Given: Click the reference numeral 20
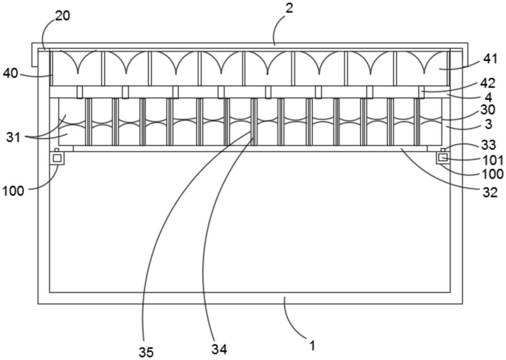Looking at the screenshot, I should point(63,16).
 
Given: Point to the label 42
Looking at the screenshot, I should point(487,84).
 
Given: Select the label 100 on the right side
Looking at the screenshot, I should point(492,174).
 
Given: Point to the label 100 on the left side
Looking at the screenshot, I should point(13,191).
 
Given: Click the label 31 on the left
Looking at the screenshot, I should point(14,137).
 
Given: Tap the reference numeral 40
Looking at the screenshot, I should point(11,74).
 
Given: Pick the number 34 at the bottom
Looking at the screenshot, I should point(219,349).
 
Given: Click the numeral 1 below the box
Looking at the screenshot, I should point(312,346).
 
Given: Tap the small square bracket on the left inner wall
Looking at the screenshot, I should point(57,158).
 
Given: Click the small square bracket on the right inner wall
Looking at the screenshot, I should point(443,158).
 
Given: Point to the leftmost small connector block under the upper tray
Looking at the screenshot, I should point(79,92).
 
